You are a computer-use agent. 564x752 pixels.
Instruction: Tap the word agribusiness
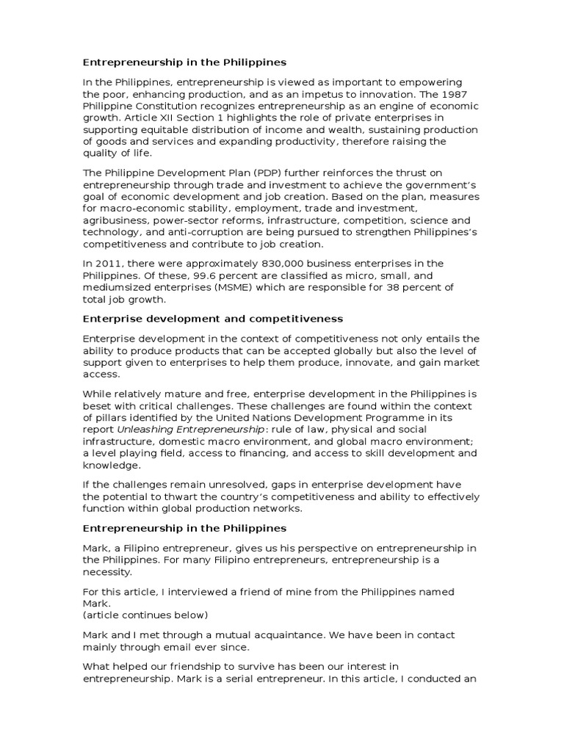[117, 220]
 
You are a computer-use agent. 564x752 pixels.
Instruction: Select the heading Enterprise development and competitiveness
[212, 319]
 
